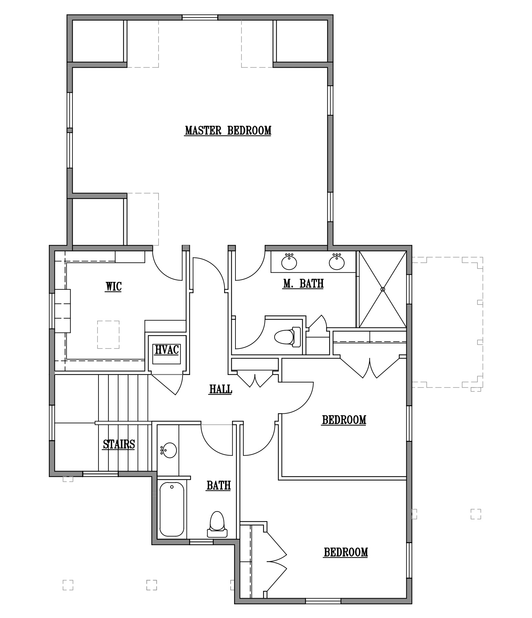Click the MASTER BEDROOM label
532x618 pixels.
click(x=228, y=130)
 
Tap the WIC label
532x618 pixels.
click(x=113, y=286)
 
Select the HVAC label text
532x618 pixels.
click(x=167, y=350)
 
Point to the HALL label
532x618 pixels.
click(x=221, y=389)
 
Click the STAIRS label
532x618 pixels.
click(x=119, y=444)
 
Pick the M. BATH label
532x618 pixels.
click(x=303, y=283)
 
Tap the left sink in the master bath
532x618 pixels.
click(x=289, y=262)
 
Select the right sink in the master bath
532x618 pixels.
click(x=337, y=262)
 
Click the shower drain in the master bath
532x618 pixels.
click(x=383, y=289)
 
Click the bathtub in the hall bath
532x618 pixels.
click(x=172, y=509)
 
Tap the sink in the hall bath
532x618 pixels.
click(x=169, y=450)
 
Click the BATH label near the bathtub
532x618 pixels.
click(x=219, y=485)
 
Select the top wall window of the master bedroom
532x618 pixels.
click(x=200, y=18)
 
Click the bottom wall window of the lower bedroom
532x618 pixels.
click(x=323, y=601)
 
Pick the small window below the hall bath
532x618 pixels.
click(x=201, y=542)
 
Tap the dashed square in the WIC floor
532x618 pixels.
click(x=108, y=335)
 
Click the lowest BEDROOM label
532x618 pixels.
click(x=346, y=552)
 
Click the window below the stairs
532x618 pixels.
click(x=101, y=474)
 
